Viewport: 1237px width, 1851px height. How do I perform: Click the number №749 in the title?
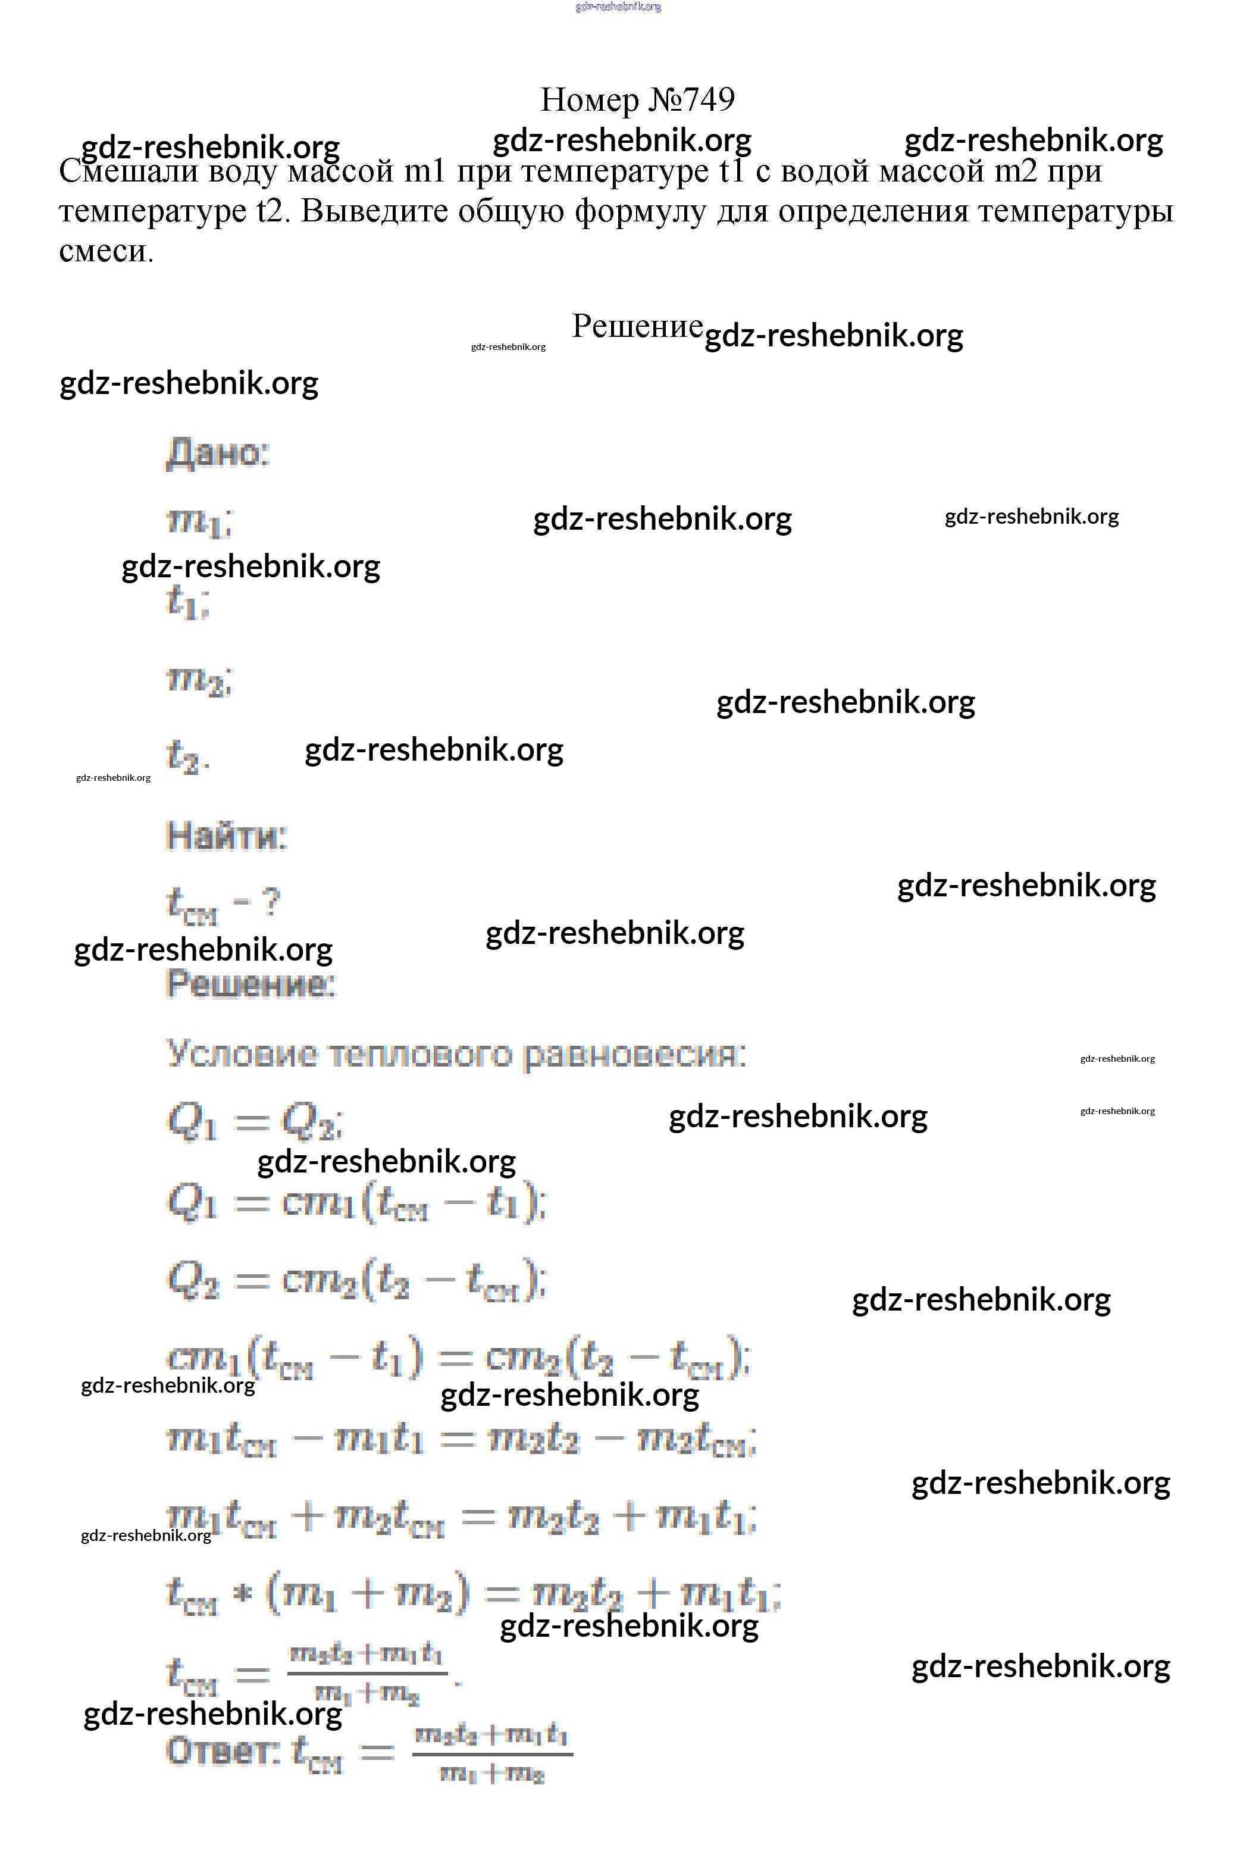tap(692, 100)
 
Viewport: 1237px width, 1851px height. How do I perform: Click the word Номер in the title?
tap(589, 100)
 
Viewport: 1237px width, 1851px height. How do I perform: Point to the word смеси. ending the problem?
tap(106, 252)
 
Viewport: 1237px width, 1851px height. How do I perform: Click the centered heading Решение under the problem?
tap(637, 326)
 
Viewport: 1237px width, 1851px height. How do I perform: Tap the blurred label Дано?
tap(218, 454)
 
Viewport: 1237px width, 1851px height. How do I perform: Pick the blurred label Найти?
tap(227, 836)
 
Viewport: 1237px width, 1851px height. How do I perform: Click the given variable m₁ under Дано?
tap(197, 521)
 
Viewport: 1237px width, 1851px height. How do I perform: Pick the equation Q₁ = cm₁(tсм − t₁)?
tap(356, 1203)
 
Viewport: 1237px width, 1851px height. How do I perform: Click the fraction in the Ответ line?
tap(492, 1754)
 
